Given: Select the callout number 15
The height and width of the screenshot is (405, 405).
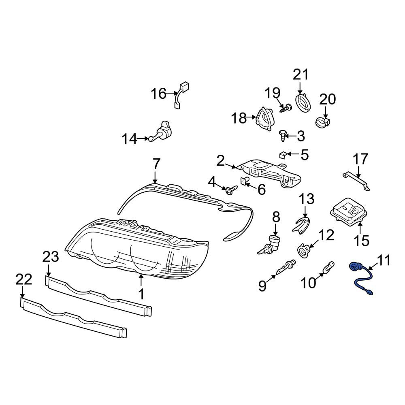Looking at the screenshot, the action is [x=362, y=241].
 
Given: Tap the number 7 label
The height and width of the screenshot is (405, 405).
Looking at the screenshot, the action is [x=156, y=164].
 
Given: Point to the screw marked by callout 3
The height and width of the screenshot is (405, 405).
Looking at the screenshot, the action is [x=283, y=136].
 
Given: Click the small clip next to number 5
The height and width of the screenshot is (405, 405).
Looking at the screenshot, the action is [x=283, y=155].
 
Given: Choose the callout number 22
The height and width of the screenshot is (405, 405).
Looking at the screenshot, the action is [x=24, y=279].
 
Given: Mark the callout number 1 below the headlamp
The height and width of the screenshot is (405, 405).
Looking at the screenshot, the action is [x=141, y=294].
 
